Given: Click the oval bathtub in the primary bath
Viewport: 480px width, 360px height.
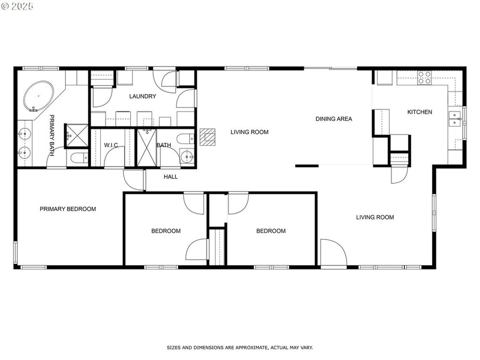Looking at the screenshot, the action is tap(38, 96).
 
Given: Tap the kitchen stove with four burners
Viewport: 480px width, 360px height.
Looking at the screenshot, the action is tap(424, 78).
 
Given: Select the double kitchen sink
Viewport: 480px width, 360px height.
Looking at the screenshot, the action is tap(455, 119).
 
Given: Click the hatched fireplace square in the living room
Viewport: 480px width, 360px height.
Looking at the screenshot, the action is tap(207, 137).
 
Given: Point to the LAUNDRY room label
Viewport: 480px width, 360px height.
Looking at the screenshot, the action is tap(143, 96).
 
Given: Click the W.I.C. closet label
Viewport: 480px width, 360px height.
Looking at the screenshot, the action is tap(111, 145).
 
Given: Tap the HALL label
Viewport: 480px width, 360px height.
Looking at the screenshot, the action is tap(170, 177).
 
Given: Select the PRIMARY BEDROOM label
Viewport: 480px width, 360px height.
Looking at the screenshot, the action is tap(68, 209).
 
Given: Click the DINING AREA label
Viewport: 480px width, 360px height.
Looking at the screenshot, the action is tap(334, 119).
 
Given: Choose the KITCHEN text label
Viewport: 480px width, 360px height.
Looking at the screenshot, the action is tap(420, 112).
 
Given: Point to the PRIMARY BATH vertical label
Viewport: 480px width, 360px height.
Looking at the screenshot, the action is tap(52, 136).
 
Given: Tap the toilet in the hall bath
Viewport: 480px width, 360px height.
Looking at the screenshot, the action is tap(185, 139).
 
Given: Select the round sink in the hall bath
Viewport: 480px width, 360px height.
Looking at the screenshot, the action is tap(187, 157).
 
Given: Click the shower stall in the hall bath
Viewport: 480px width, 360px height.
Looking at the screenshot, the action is tap(146, 148).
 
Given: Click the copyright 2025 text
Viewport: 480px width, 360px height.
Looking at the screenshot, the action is tap(17, 6).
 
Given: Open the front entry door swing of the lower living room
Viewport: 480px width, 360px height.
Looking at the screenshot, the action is tap(334, 252).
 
